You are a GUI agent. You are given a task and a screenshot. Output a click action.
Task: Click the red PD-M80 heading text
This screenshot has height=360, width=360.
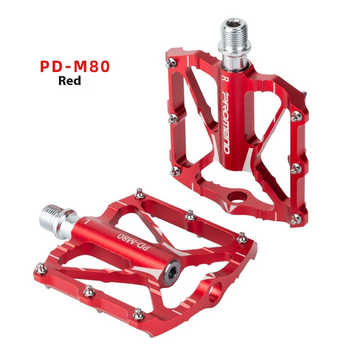75,67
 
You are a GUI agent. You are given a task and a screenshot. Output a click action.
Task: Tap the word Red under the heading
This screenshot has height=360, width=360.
70,81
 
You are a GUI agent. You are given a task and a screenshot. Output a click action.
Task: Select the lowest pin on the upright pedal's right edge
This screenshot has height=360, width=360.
296,219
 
